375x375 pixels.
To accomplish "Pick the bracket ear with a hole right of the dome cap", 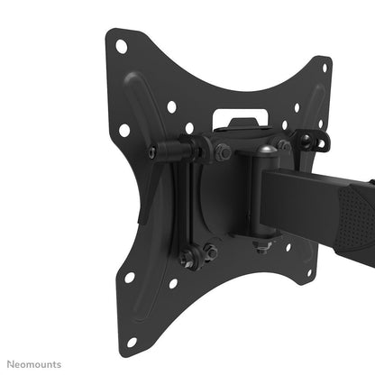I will [307, 142].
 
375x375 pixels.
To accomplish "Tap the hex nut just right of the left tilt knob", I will [222, 151].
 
